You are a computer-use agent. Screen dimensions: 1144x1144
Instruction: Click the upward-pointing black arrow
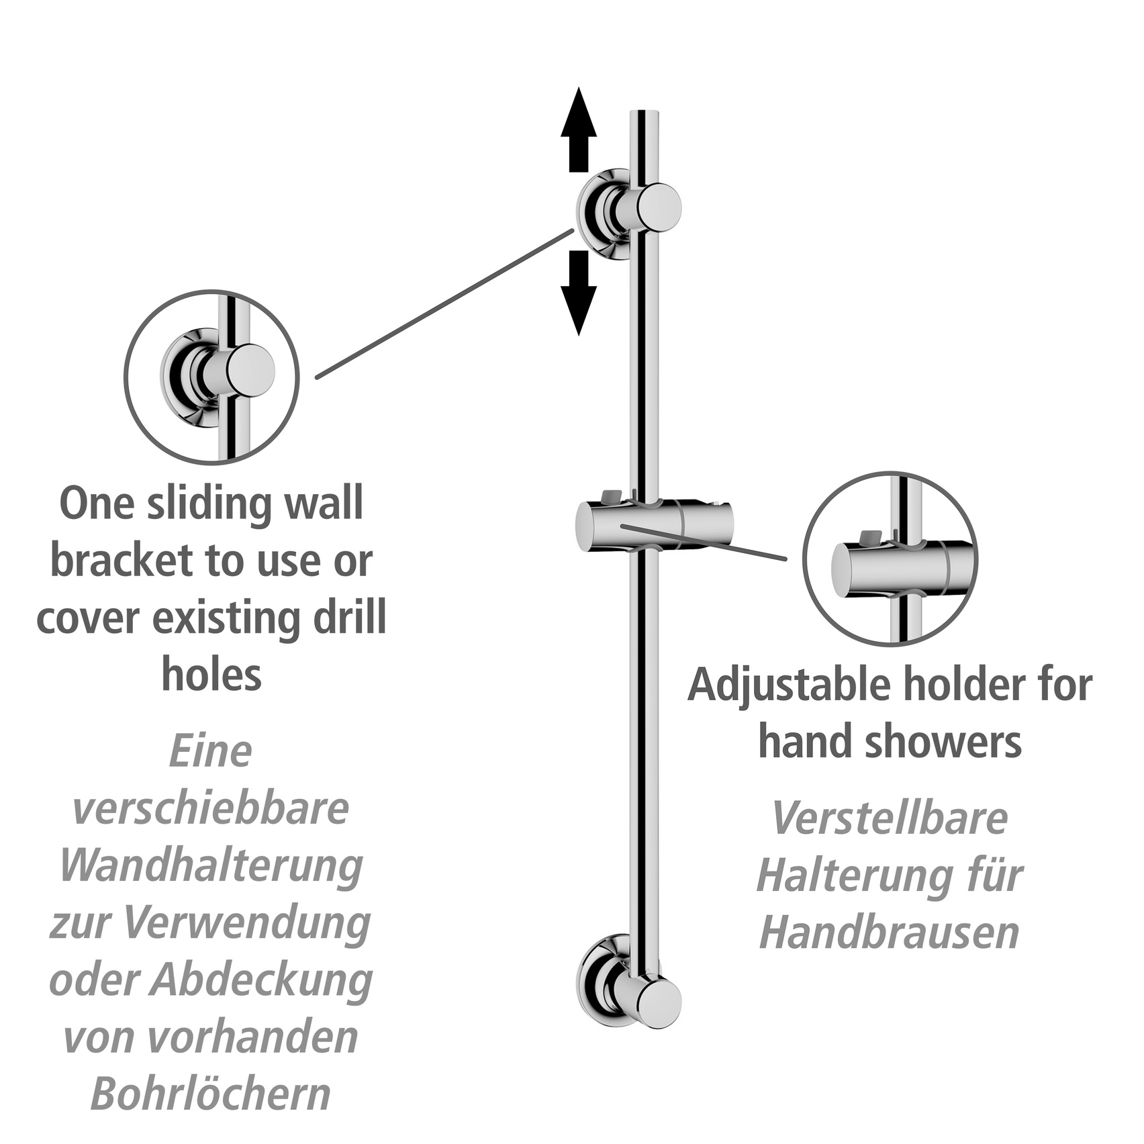579,130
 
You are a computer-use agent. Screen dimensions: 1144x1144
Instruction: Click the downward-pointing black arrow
579,293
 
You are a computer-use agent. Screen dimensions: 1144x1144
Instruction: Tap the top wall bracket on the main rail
629,212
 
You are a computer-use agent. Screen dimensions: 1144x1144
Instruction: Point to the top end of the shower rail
645,111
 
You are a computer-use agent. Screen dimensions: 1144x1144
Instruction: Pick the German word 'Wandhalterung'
211,866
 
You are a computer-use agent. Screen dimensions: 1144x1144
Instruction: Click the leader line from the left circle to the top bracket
445,303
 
